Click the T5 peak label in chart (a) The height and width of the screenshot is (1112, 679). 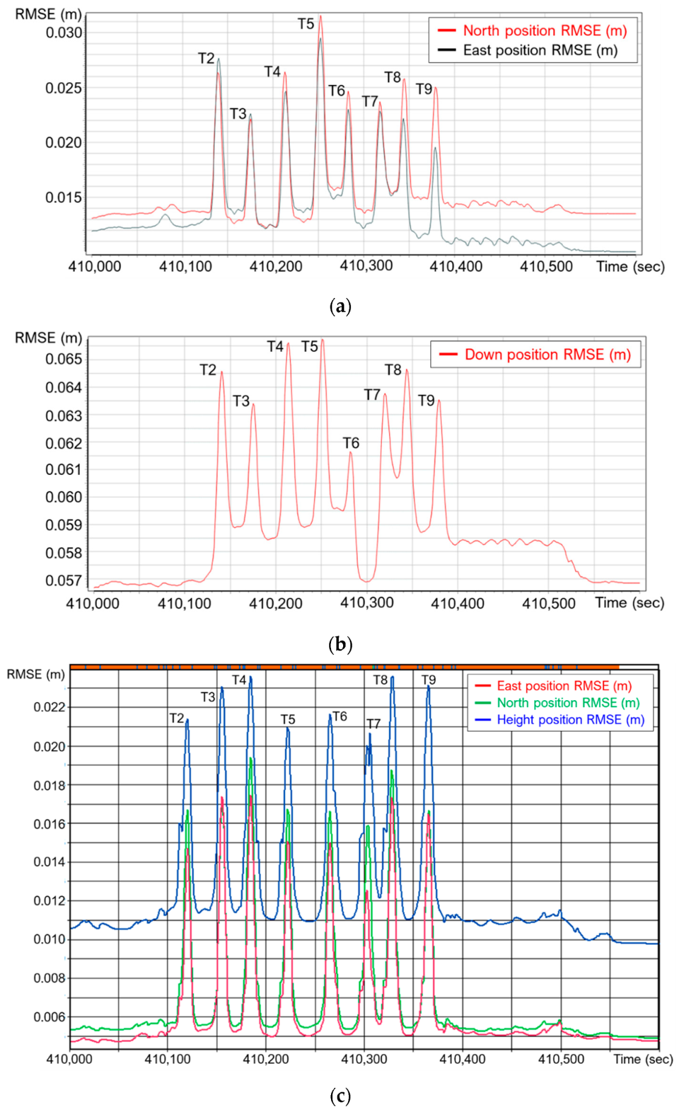pos(306,24)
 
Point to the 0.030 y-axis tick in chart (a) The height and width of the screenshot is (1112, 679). pos(64,33)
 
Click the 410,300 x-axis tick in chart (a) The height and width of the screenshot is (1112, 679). pos(366,266)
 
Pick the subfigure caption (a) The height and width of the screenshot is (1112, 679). pos(339,306)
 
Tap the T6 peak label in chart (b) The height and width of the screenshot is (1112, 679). pos(351,443)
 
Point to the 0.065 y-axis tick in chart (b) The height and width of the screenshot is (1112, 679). pos(64,360)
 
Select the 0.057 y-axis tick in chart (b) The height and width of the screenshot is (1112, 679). pos(64,581)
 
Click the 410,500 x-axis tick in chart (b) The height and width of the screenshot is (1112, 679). pos(549,603)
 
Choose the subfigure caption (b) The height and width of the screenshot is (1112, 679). pos(339,643)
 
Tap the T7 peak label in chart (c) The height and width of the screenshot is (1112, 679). pos(373,724)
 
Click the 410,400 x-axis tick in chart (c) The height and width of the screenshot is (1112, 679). pos(462,1059)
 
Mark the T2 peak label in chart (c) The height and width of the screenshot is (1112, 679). pos(177,718)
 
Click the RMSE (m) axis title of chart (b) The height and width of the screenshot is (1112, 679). pos(48,338)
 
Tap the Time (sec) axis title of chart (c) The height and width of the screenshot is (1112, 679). pos(643,1059)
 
